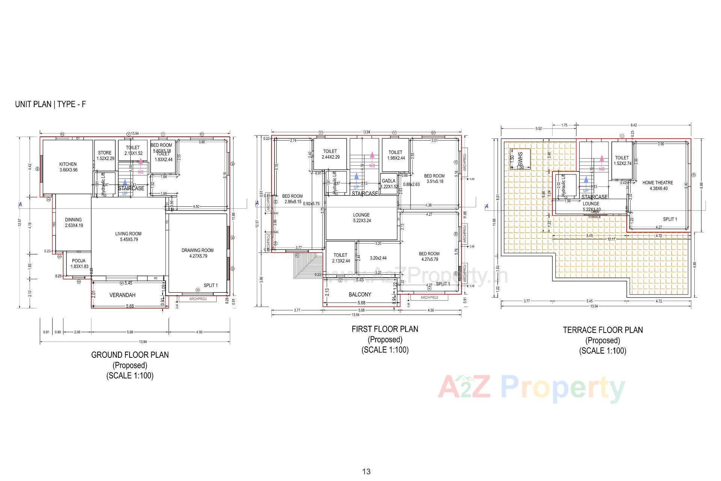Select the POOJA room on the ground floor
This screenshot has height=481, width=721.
78,263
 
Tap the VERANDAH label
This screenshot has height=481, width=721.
122,295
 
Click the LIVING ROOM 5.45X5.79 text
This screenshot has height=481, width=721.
128,236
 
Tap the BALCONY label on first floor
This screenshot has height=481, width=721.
360,295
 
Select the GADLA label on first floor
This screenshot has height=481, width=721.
389,181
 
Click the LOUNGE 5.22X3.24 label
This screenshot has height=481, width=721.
362,218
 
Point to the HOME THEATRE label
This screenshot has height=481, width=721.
658,183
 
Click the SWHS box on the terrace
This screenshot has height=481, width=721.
520,159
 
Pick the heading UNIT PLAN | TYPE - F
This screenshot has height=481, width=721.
50,104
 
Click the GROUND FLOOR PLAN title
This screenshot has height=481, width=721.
130,355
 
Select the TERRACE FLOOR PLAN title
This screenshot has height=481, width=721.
603,330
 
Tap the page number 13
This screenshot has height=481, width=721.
367,472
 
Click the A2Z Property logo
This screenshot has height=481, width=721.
531,388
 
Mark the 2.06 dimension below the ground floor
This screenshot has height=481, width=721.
77,332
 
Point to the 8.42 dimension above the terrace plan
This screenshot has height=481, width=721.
634,125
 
